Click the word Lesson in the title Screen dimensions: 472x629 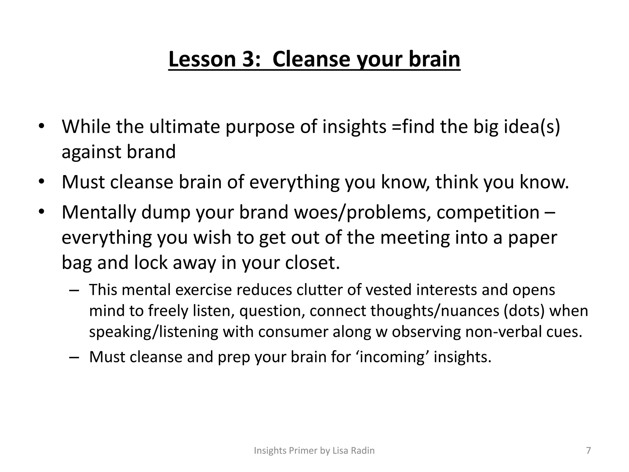tap(202, 59)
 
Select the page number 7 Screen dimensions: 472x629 tap(588, 450)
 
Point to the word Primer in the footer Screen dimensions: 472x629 tap(303, 450)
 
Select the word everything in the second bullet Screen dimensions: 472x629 tap(294, 182)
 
